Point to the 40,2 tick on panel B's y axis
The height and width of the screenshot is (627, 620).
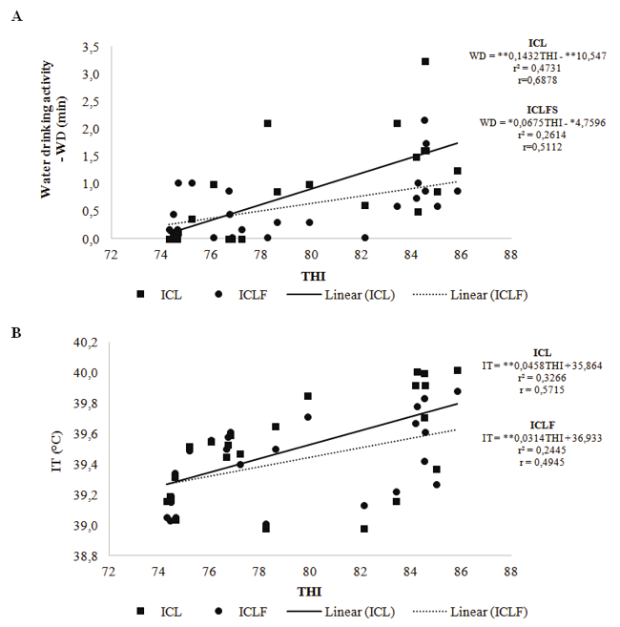tap(88, 343)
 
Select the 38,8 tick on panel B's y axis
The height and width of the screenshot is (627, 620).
tap(88, 556)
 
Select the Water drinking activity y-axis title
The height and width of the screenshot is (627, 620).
tap(53, 143)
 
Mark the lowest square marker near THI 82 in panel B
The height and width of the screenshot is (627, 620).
tap(364, 529)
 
